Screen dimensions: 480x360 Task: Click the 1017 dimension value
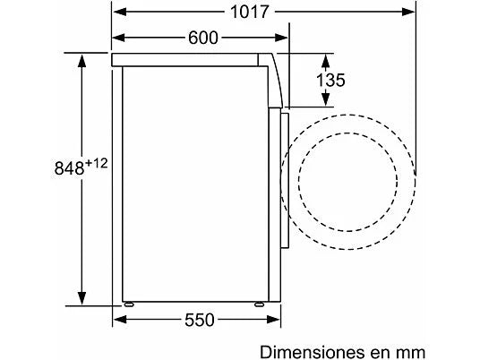[x=250, y=13]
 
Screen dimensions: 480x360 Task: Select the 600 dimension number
[x=203, y=38]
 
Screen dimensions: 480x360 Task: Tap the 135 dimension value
[x=330, y=81]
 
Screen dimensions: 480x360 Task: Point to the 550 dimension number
[x=200, y=321]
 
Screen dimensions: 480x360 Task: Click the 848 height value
[x=69, y=168]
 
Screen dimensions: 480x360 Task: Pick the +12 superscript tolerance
[x=97, y=163]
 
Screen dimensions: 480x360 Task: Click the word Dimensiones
[x=313, y=352]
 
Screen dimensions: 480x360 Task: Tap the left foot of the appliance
[x=129, y=304]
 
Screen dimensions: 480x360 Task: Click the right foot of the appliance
[x=260, y=304]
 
